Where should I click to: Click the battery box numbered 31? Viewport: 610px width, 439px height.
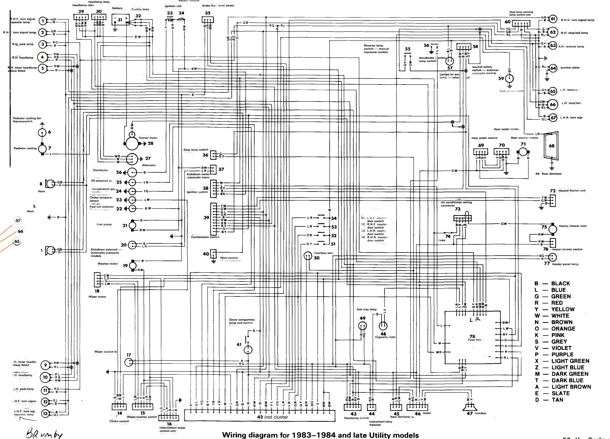(120, 20)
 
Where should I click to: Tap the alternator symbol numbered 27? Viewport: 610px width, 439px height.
(132, 159)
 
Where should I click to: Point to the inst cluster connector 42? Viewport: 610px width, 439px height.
(260, 416)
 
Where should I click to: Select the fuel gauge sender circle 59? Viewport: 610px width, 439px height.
(509, 79)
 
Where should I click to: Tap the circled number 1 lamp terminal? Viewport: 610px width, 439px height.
(43, 21)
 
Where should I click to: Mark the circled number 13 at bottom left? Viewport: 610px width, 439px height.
(45, 413)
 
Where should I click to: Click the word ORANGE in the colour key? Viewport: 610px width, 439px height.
(563, 329)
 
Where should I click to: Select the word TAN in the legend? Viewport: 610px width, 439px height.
(557, 400)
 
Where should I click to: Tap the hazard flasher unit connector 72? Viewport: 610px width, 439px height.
(553, 201)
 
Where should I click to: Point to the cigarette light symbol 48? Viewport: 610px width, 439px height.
(383, 326)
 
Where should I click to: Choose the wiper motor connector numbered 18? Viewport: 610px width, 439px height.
(97, 280)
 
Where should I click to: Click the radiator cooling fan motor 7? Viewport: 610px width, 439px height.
(42, 149)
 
